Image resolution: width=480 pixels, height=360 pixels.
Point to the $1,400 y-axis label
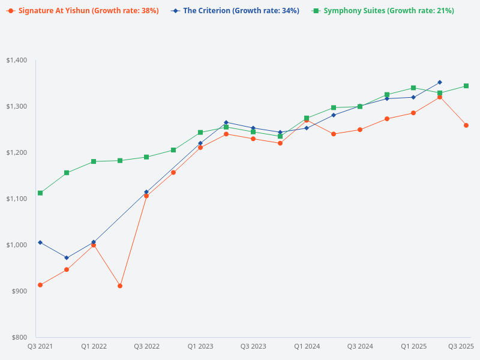(17, 60)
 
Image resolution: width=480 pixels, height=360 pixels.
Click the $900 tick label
(19, 291)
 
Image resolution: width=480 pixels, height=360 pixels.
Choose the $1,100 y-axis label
(17, 199)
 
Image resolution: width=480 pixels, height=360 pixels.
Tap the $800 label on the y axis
(19, 337)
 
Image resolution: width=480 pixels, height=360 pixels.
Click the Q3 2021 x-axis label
(40, 346)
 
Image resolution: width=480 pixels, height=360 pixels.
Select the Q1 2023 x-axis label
(200, 346)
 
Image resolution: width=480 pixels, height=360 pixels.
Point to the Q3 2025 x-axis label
(461, 346)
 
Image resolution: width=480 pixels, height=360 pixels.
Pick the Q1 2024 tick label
(307, 346)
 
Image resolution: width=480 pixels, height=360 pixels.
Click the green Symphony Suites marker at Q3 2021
(40, 193)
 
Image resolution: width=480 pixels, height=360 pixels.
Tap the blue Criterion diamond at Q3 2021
(40, 242)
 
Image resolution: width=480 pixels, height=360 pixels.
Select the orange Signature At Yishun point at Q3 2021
(40, 285)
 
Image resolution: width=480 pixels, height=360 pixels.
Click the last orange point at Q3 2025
(466, 125)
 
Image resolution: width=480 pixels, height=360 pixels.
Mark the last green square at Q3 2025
(466, 86)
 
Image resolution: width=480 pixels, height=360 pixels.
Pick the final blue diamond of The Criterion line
(440, 82)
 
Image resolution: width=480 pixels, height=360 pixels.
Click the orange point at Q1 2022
(94, 245)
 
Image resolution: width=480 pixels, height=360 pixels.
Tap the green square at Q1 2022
(94, 161)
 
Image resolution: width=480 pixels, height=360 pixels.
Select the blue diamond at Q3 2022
(146, 192)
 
